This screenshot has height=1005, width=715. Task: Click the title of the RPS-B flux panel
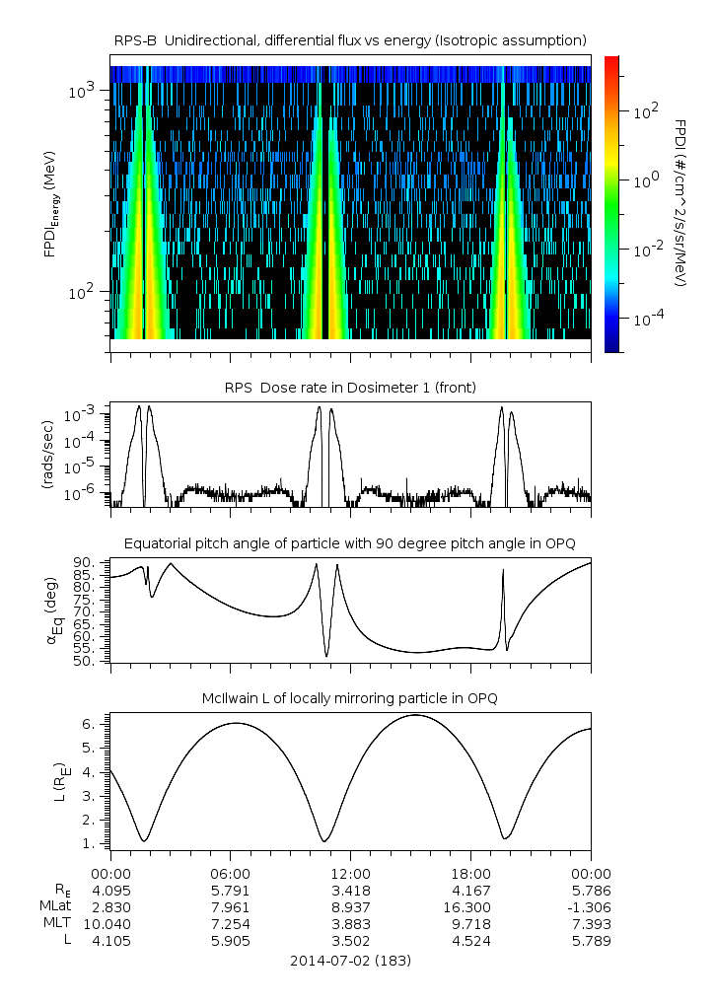[350, 39]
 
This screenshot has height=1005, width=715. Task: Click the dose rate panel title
[350, 388]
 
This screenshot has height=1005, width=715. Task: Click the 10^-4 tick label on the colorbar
[643, 320]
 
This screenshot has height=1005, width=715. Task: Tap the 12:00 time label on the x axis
[350, 874]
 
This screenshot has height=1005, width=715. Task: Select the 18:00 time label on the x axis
[470, 874]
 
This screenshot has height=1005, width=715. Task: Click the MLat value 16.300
[470, 907]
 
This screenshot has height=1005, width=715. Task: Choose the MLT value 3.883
[350, 924]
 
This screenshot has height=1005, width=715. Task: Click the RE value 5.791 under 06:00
[230, 891]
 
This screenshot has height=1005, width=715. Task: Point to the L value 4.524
[470, 941]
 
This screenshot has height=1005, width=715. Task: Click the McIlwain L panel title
[350, 698]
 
